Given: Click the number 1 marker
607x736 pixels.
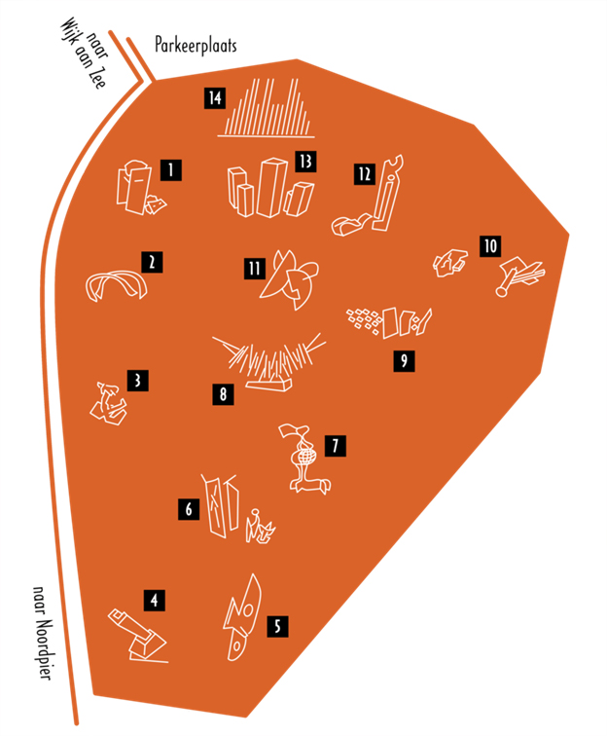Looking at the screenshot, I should [x=171, y=170].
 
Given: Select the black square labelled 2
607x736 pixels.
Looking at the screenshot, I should [x=152, y=261].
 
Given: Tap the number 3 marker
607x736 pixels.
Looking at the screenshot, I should [x=141, y=380].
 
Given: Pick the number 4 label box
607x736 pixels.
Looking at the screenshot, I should [x=154, y=601].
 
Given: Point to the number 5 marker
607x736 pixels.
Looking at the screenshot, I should [x=277, y=626].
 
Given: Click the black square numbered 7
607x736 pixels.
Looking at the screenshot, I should [x=335, y=446].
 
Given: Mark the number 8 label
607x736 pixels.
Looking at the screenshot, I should [x=225, y=394].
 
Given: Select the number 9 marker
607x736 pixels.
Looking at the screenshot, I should [x=403, y=361].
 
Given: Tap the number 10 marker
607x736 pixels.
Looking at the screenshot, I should [x=489, y=245].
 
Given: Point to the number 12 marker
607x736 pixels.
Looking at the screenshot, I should [x=365, y=173].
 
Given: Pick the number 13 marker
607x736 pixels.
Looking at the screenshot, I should [x=305, y=161].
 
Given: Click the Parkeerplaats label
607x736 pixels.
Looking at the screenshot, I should [x=195, y=45].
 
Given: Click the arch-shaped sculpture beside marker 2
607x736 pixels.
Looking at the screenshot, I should [x=116, y=285].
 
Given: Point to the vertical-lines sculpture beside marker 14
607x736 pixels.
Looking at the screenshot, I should [x=268, y=107].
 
